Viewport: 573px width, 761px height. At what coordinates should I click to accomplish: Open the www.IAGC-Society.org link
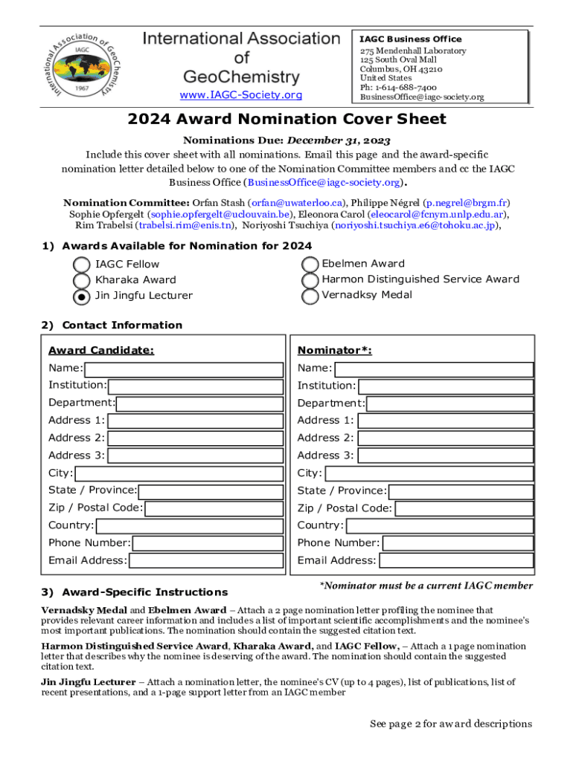[241, 95]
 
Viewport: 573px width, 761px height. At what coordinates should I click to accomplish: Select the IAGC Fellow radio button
[83, 265]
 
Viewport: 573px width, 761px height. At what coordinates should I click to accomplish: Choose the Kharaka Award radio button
[83, 280]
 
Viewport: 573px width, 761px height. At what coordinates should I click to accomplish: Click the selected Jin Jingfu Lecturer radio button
[83, 296]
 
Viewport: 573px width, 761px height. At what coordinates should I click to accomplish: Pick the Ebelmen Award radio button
[310, 265]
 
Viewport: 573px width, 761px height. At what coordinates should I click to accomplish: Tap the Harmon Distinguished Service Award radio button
[310, 280]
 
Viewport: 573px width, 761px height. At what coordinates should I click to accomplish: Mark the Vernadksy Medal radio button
[310, 296]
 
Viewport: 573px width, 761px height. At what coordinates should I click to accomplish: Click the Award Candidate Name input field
[184, 369]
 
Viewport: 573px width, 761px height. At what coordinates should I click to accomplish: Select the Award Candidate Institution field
[196, 386]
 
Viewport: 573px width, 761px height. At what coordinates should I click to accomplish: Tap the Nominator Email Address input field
[456, 561]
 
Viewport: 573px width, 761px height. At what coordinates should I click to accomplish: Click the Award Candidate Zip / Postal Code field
[214, 509]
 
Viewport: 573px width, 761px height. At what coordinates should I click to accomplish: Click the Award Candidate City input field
[179, 474]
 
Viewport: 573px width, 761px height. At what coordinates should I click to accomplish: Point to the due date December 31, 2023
[339, 140]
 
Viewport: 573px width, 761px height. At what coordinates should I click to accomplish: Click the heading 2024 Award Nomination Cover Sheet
[286, 119]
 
